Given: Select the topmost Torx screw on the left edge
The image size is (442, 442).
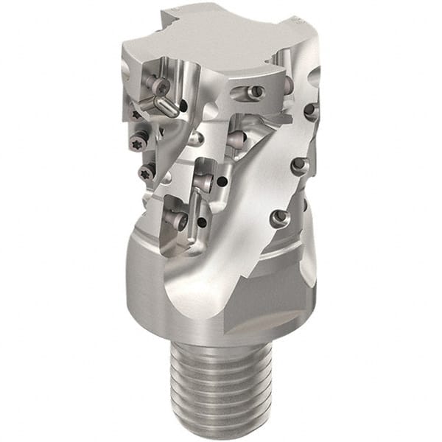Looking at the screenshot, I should (136, 115).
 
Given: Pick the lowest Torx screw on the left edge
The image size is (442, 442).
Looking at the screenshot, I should (146, 173).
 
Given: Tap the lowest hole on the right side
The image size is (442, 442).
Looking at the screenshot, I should (278, 217).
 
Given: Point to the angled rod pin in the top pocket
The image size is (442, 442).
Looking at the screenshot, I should (167, 107).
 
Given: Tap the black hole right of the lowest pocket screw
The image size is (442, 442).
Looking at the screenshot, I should (202, 222).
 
